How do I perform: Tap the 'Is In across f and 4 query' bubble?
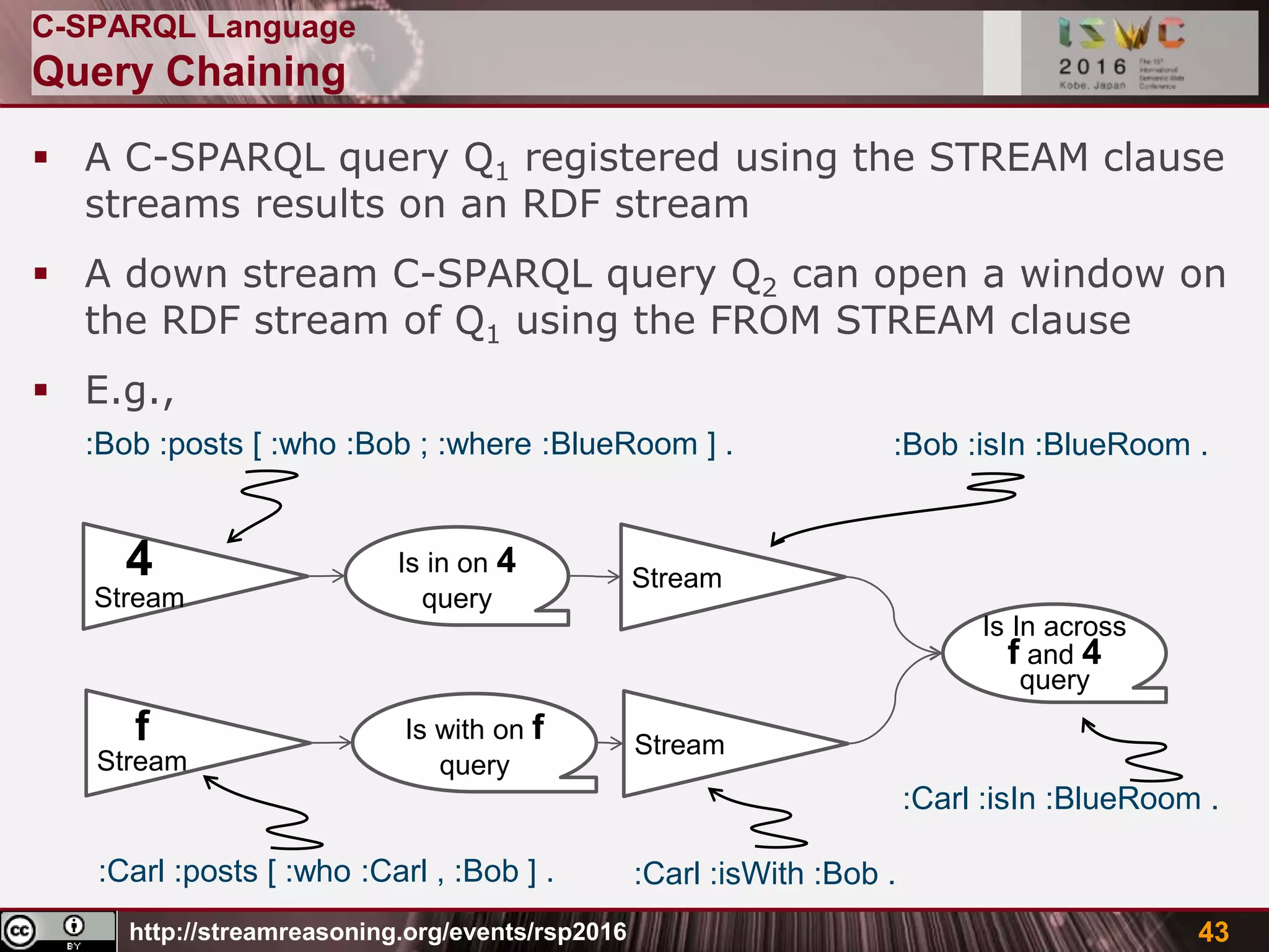[1053, 653]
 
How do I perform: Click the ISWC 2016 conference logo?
[1120, 53]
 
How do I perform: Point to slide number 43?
[1213, 932]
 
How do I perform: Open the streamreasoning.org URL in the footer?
[378, 932]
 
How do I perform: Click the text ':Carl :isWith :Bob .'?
[764, 874]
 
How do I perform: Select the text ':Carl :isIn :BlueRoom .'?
[1060, 798]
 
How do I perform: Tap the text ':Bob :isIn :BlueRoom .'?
[1050, 445]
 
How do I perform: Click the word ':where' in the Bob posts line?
[485, 444]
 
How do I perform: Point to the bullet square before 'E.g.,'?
[42, 390]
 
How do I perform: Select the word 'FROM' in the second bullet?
[765, 321]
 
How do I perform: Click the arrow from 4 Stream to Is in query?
[327, 576]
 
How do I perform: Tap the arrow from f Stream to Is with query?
[332, 743]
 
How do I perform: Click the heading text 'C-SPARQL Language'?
[193, 27]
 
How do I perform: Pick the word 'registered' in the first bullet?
[622, 157]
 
